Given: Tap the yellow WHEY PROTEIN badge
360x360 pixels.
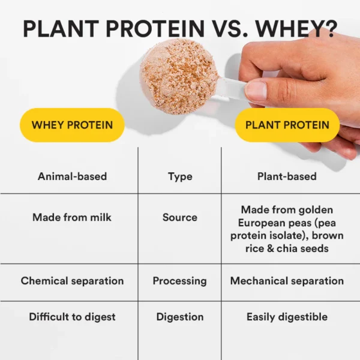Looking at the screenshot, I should coord(72,125).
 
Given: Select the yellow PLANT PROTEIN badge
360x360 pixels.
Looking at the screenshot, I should coord(287,125).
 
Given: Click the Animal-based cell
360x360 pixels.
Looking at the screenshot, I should coord(72,176).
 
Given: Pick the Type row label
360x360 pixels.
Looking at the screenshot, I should coord(180,176).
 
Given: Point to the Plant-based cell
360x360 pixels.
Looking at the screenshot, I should coord(287,176).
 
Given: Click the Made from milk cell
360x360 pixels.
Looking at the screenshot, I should coord(72,217).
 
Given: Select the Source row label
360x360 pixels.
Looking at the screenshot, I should coord(180,217).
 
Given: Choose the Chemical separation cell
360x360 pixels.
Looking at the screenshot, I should coord(72,281).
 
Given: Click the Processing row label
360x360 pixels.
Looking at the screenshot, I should coord(179,281).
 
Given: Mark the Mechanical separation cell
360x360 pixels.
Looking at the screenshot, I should coord(287,281).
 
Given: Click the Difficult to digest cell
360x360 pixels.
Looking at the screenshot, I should coord(72,317).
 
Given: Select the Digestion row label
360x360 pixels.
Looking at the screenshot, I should coord(180,317).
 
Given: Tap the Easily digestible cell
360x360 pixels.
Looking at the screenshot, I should coord(287,317).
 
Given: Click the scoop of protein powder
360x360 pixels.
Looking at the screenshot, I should coord(178,76).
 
